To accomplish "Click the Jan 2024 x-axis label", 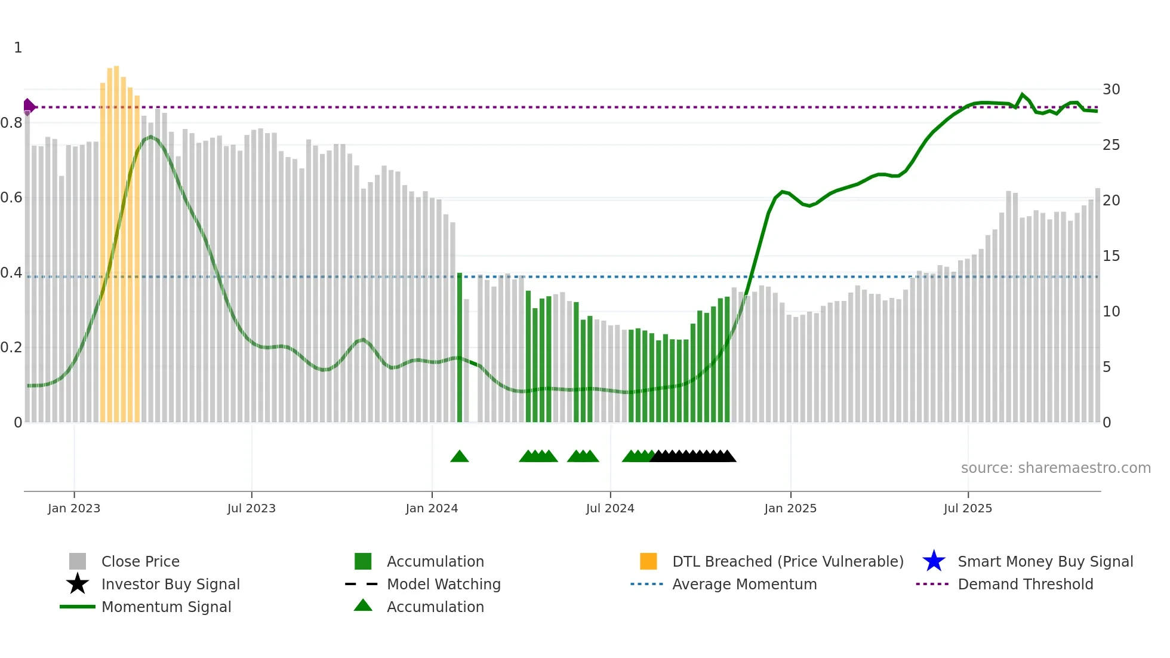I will [432, 509].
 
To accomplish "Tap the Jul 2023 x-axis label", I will [251, 509].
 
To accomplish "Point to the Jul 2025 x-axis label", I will [968, 509].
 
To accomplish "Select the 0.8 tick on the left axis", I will [11, 123].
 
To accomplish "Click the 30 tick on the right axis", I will [1111, 90].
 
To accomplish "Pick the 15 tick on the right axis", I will [1111, 256].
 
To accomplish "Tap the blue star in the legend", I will [934, 561].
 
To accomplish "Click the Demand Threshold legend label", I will [1025, 585].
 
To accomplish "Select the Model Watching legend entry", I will [443, 585].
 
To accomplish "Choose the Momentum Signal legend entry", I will [166, 607].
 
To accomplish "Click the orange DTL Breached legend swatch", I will [648, 561].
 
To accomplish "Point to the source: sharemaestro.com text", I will [1055, 468].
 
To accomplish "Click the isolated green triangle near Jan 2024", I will [460, 457].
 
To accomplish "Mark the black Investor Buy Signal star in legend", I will [78, 584].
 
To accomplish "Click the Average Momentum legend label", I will [744, 585].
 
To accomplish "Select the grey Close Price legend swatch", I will [78, 561].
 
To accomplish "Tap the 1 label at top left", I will [18, 48].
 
